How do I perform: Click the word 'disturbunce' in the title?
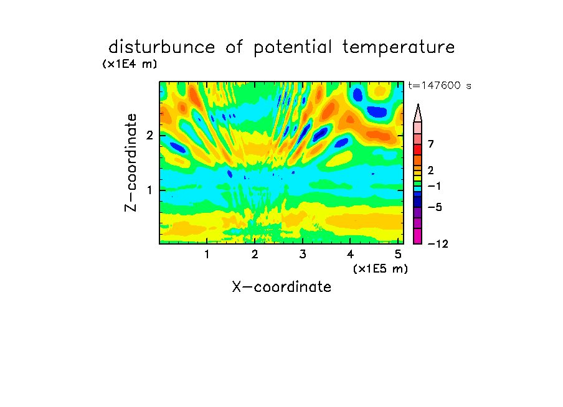point(162,47)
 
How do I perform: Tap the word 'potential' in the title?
point(293,47)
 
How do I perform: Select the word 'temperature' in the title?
point(399,47)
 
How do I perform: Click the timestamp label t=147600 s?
point(440,85)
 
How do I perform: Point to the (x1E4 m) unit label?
point(130,64)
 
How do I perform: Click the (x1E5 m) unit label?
point(381,268)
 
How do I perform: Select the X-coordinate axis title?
point(281,287)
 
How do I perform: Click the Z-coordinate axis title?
point(131,162)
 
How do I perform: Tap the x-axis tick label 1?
point(207,255)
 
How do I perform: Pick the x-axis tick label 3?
point(303,255)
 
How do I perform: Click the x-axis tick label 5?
point(398,255)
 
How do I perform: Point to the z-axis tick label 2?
point(149,136)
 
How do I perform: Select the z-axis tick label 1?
point(149,190)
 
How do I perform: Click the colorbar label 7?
point(431,144)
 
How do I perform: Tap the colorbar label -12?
point(438,244)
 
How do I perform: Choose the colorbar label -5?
point(435,207)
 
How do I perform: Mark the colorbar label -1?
point(434,186)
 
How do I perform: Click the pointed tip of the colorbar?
point(418,104)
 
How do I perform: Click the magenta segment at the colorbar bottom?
point(418,236)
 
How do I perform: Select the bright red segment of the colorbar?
point(418,149)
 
